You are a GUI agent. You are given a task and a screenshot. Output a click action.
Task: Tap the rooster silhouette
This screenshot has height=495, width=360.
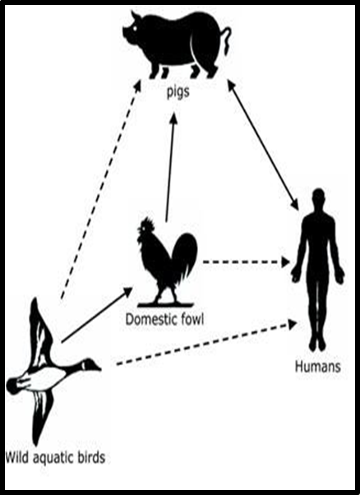(x=166, y=262)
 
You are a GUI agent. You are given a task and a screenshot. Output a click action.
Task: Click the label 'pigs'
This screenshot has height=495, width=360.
(x=178, y=92)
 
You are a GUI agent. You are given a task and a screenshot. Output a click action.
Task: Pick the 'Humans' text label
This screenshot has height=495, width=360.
(x=318, y=367)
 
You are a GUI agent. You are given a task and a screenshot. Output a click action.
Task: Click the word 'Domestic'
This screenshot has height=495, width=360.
(x=149, y=320)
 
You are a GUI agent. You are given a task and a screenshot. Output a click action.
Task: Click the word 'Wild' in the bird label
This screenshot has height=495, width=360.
(x=17, y=457)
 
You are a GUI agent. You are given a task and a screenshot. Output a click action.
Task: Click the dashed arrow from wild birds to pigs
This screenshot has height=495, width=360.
(x=100, y=189)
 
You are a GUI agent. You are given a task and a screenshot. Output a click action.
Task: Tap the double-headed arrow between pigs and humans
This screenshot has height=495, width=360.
(x=263, y=144)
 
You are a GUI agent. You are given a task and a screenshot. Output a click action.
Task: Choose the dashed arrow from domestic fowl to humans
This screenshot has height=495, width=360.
(x=247, y=261)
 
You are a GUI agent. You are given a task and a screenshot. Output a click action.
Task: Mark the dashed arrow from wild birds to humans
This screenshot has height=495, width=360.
(x=207, y=343)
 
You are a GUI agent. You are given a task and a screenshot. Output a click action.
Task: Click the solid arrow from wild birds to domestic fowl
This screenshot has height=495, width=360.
(x=97, y=315)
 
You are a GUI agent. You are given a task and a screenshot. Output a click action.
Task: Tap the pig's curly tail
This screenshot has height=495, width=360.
(x=227, y=39)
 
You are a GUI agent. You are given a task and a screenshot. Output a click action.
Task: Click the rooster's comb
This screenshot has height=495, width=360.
(x=148, y=223)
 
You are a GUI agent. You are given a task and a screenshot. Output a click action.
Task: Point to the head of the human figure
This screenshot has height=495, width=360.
(x=319, y=197)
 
